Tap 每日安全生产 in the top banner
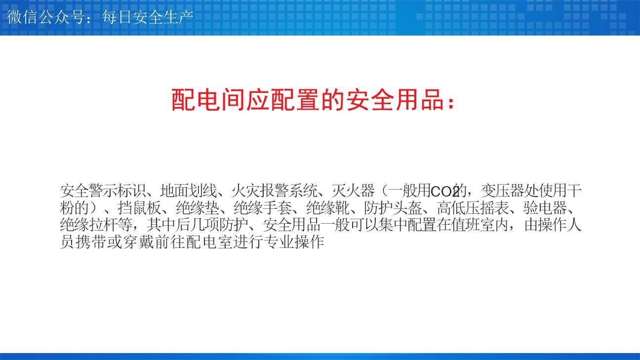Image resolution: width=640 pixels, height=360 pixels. point(147,17)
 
